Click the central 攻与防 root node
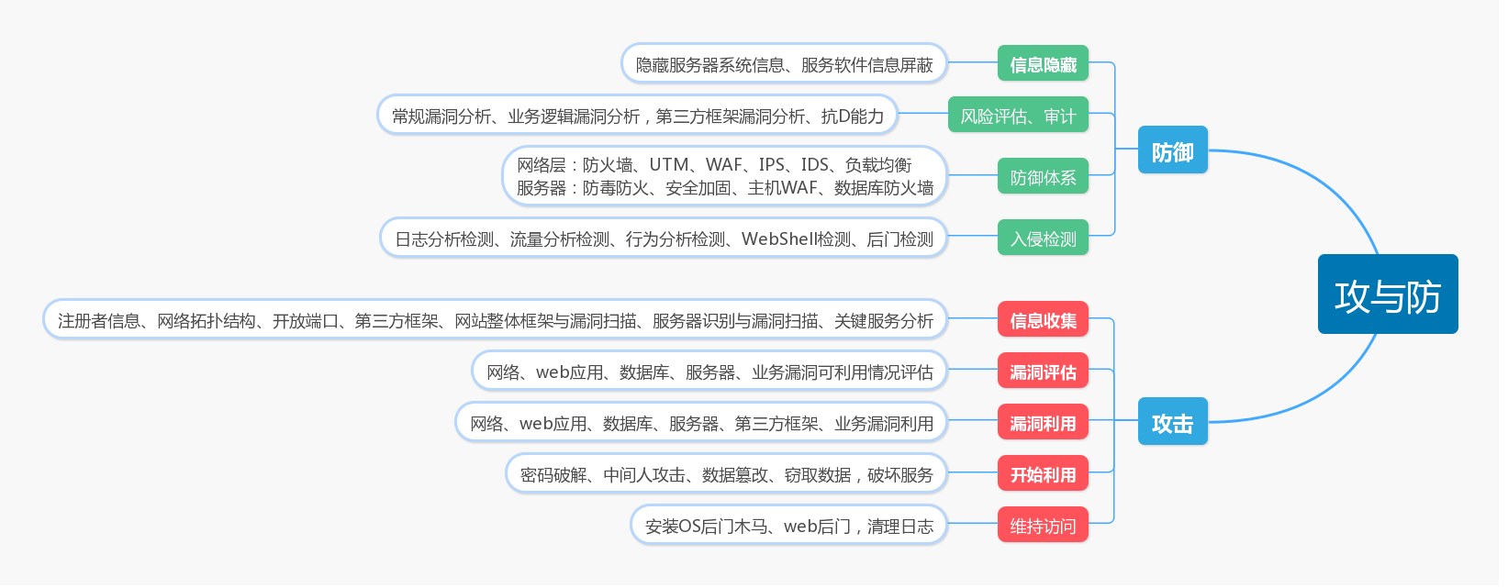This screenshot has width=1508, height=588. [x=1388, y=294]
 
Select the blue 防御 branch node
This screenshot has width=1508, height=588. [x=1172, y=150]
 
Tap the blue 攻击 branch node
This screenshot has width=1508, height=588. [x=1172, y=422]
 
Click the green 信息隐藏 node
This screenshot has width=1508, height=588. [x=1043, y=64]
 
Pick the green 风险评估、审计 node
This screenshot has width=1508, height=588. [x=1018, y=116]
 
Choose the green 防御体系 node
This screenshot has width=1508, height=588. [x=1043, y=177]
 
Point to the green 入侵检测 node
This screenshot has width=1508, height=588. [x=1043, y=239]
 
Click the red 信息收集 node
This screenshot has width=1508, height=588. [x=1043, y=320]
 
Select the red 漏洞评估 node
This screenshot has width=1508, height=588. [x=1043, y=372]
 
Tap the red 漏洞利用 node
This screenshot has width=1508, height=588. [x=1043, y=423]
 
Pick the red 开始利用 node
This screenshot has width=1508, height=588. [x=1043, y=474]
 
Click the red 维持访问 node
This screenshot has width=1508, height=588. [x=1043, y=526]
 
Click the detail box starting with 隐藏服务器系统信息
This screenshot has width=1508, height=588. [x=784, y=64]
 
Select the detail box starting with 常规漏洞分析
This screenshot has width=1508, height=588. [x=637, y=116]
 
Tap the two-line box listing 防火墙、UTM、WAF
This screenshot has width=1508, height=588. [x=724, y=176]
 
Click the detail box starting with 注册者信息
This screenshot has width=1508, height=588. [x=495, y=320]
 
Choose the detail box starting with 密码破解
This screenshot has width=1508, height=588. [x=726, y=474]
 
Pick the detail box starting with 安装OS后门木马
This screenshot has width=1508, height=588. [x=788, y=526]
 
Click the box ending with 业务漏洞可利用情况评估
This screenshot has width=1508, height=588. [x=709, y=372]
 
